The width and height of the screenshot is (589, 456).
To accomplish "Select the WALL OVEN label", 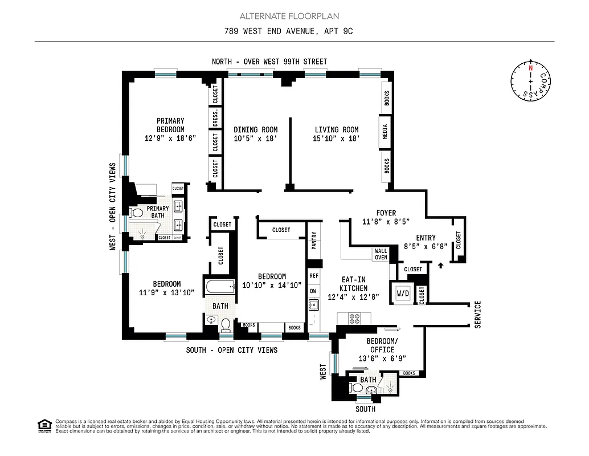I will (x=381, y=254).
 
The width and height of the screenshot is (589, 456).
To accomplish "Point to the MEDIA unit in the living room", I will (x=386, y=132).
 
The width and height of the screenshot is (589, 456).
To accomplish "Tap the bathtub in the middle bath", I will (x=220, y=287).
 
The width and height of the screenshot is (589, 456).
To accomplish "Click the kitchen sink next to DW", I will (x=313, y=305).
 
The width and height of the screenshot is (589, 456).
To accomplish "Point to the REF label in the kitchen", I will (x=313, y=275).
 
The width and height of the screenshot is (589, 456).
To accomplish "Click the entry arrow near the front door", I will (x=440, y=264).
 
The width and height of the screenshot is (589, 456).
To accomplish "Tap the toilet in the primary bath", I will (x=137, y=213).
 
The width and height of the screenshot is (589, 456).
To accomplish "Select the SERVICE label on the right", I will (x=477, y=314).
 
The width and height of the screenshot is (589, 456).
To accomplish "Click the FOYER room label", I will (x=386, y=213).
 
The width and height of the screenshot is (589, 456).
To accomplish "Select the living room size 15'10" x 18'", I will (x=336, y=139).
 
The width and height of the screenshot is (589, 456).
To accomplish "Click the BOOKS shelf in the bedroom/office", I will (x=409, y=373).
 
